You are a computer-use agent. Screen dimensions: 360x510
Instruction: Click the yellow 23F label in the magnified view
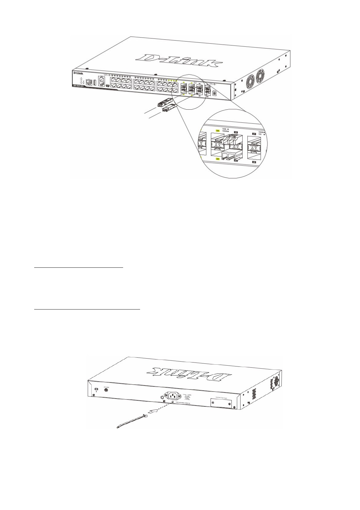217,131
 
